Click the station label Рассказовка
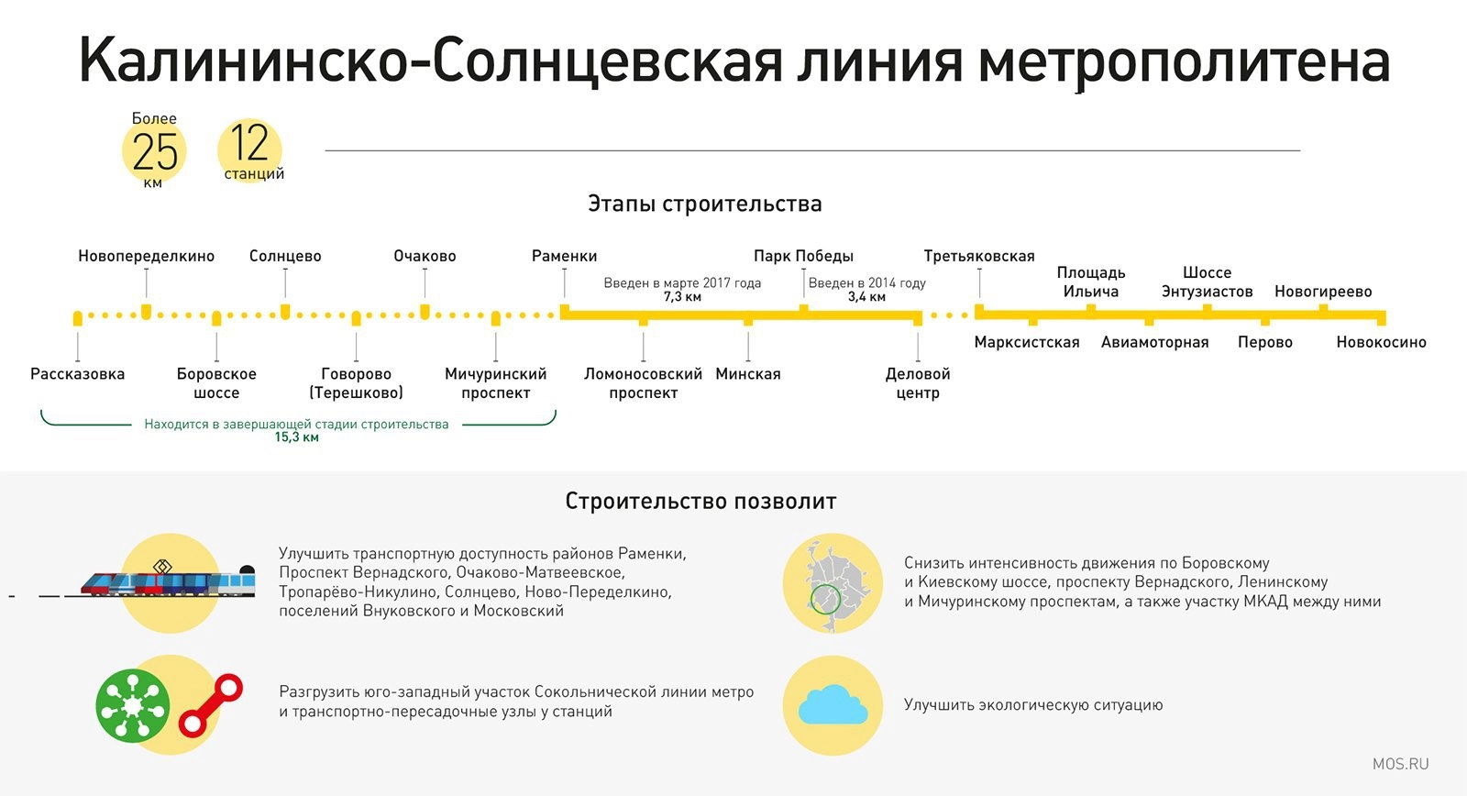point(77,374)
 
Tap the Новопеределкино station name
point(146,256)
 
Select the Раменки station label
point(564,256)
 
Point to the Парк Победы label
point(803,256)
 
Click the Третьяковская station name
point(979,256)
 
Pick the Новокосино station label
point(1381,342)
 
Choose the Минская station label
point(748,374)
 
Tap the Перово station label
point(1264,342)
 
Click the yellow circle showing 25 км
point(155,151)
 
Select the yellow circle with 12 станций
point(249,150)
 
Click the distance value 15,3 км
point(297,437)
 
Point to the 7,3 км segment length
point(682,297)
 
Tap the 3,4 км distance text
point(866,297)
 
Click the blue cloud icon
point(833,705)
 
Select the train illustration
point(168,582)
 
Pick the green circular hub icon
point(133,705)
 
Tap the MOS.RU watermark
point(1400,764)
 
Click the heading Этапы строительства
point(705,204)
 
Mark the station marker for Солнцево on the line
point(285,312)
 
